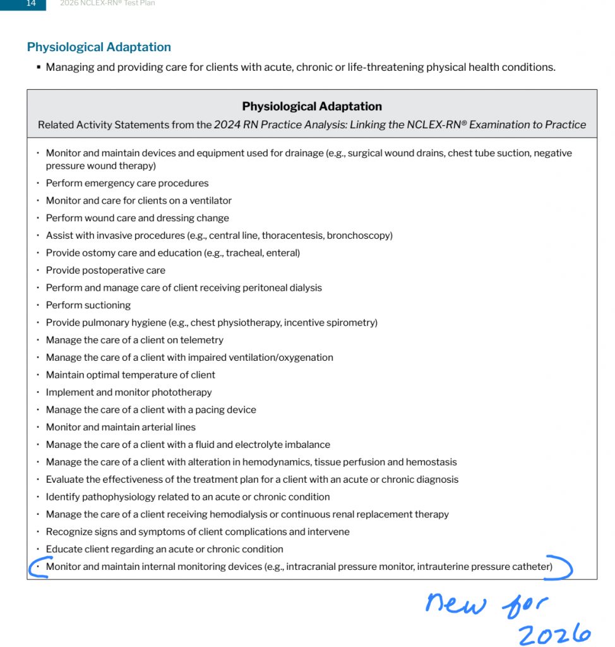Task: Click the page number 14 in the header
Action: click(x=31, y=3)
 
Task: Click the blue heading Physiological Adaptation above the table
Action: click(x=99, y=47)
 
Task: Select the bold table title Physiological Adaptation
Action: click(x=312, y=106)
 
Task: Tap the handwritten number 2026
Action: click(x=554, y=634)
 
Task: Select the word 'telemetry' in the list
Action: click(x=201, y=340)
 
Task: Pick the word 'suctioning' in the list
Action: click(x=107, y=305)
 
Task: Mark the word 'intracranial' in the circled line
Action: click(x=311, y=567)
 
